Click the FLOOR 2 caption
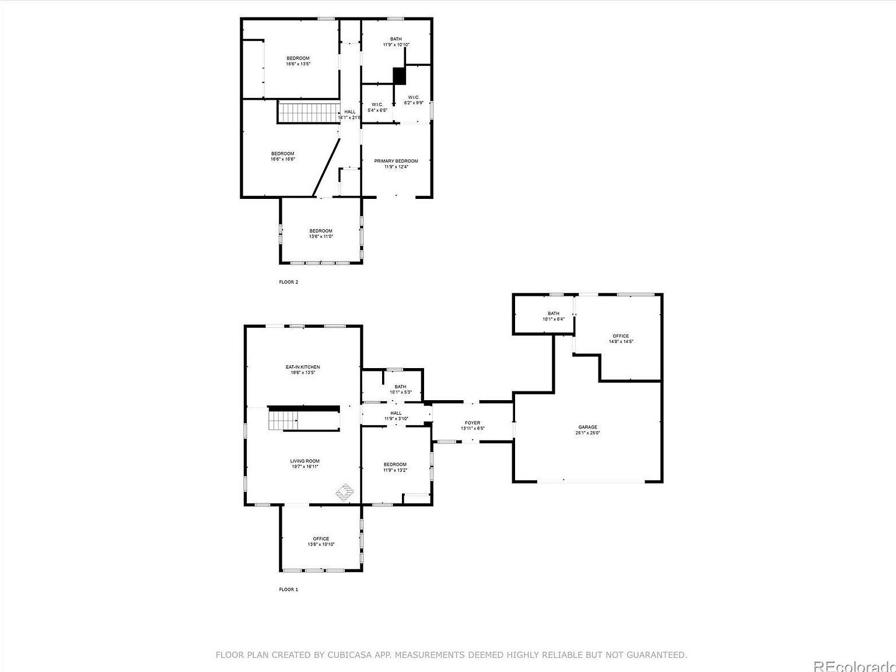(288, 282)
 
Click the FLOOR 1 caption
(288, 589)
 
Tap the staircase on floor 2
(308, 112)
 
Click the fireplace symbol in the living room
(344, 492)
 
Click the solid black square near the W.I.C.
(399, 76)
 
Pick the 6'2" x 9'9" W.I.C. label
(414, 100)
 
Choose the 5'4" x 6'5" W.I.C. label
(377, 107)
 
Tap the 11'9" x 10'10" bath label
(396, 41)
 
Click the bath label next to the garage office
(553, 316)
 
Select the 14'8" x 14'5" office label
(621, 338)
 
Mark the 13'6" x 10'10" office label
(321, 541)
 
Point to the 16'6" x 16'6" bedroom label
(282, 156)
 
